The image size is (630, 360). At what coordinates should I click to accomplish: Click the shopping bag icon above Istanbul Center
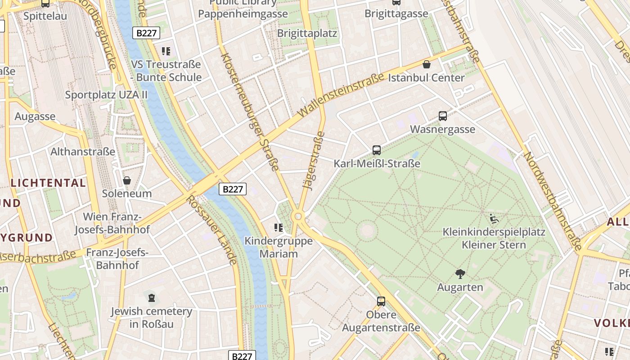[x=427, y=64]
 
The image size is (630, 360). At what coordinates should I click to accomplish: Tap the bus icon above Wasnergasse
[x=443, y=116]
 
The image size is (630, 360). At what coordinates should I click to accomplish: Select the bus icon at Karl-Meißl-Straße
[x=377, y=150]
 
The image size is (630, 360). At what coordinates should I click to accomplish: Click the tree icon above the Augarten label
[x=460, y=274]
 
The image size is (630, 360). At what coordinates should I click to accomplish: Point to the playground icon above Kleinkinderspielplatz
[x=494, y=219]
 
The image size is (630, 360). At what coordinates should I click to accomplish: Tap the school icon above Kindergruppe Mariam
[x=279, y=228]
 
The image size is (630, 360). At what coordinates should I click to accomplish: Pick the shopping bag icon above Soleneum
[x=127, y=180]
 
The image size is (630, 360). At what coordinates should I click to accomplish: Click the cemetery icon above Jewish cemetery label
[x=152, y=297]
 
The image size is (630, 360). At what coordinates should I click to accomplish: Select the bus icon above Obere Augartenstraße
[x=381, y=301]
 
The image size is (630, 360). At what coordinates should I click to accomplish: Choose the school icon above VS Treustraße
[x=166, y=51]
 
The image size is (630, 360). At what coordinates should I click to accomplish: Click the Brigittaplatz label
[x=307, y=33]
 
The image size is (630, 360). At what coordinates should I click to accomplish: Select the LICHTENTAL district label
[x=48, y=183]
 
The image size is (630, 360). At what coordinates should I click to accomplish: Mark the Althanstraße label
[x=83, y=152]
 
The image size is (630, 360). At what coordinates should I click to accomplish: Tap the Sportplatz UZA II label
[x=106, y=94]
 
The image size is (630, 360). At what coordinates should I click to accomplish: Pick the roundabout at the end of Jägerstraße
[x=297, y=217]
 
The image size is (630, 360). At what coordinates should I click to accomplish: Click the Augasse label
[x=35, y=117]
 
